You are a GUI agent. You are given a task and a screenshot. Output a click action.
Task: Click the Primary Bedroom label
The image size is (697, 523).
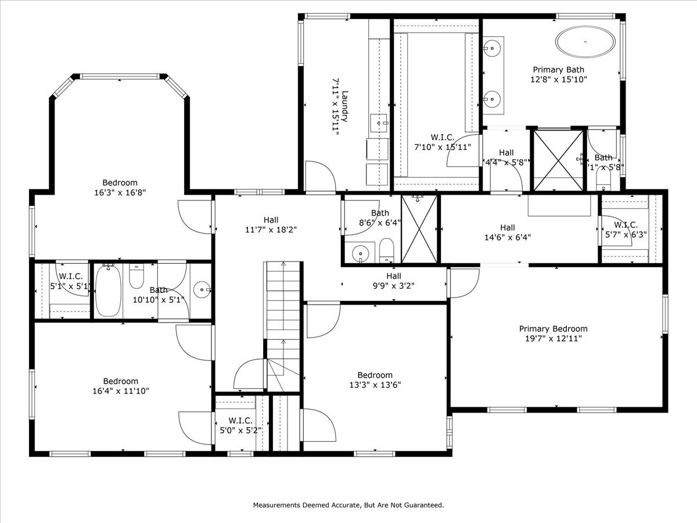pos(553,328)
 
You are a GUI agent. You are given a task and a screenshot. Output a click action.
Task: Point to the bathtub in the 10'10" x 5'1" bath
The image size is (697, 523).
pos(107,290)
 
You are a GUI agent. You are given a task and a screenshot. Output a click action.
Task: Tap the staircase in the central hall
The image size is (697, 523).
pos(283,325)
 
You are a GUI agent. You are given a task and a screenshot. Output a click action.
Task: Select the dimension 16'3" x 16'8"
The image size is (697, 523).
pos(120,192)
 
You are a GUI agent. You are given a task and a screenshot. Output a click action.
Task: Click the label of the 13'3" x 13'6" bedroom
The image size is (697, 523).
pos(375,375)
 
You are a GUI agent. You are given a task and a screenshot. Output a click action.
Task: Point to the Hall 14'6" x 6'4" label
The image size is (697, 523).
pos(507,228)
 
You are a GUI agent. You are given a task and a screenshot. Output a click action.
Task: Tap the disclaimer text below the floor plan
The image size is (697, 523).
pos(348,505)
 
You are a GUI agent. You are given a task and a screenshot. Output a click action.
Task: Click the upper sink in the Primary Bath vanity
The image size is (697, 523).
pos(493,45)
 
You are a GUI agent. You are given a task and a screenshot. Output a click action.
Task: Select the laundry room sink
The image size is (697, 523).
pos(379,123)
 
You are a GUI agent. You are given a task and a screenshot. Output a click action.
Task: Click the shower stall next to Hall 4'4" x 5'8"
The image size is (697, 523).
pos(558,160)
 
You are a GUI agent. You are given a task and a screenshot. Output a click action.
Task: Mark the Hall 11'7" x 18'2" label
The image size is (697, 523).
pos(271,220)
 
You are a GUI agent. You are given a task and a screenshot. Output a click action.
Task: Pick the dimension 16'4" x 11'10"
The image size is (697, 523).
pos(120,391)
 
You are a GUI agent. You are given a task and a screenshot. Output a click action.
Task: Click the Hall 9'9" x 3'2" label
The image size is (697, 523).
pos(394,276)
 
